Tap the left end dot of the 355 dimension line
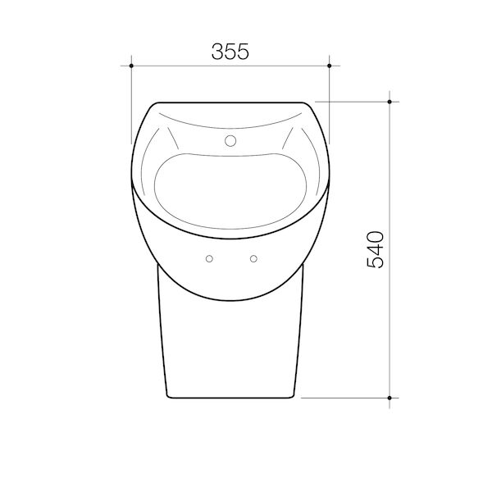(x=131, y=63)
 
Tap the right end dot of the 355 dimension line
(x=329, y=63)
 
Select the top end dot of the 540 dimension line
(x=389, y=102)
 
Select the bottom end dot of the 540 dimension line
(x=389, y=397)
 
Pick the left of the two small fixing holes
(x=210, y=259)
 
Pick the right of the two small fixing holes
(x=253, y=259)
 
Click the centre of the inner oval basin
(x=230, y=189)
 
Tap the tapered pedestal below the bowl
(x=230, y=344)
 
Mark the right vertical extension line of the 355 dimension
(x=329, y=90)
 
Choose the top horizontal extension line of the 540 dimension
(x=353, y=102)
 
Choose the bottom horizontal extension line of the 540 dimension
(x=344, y=397)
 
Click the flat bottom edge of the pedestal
(x=230, y=397)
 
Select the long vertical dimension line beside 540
(x=389, y=328)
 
